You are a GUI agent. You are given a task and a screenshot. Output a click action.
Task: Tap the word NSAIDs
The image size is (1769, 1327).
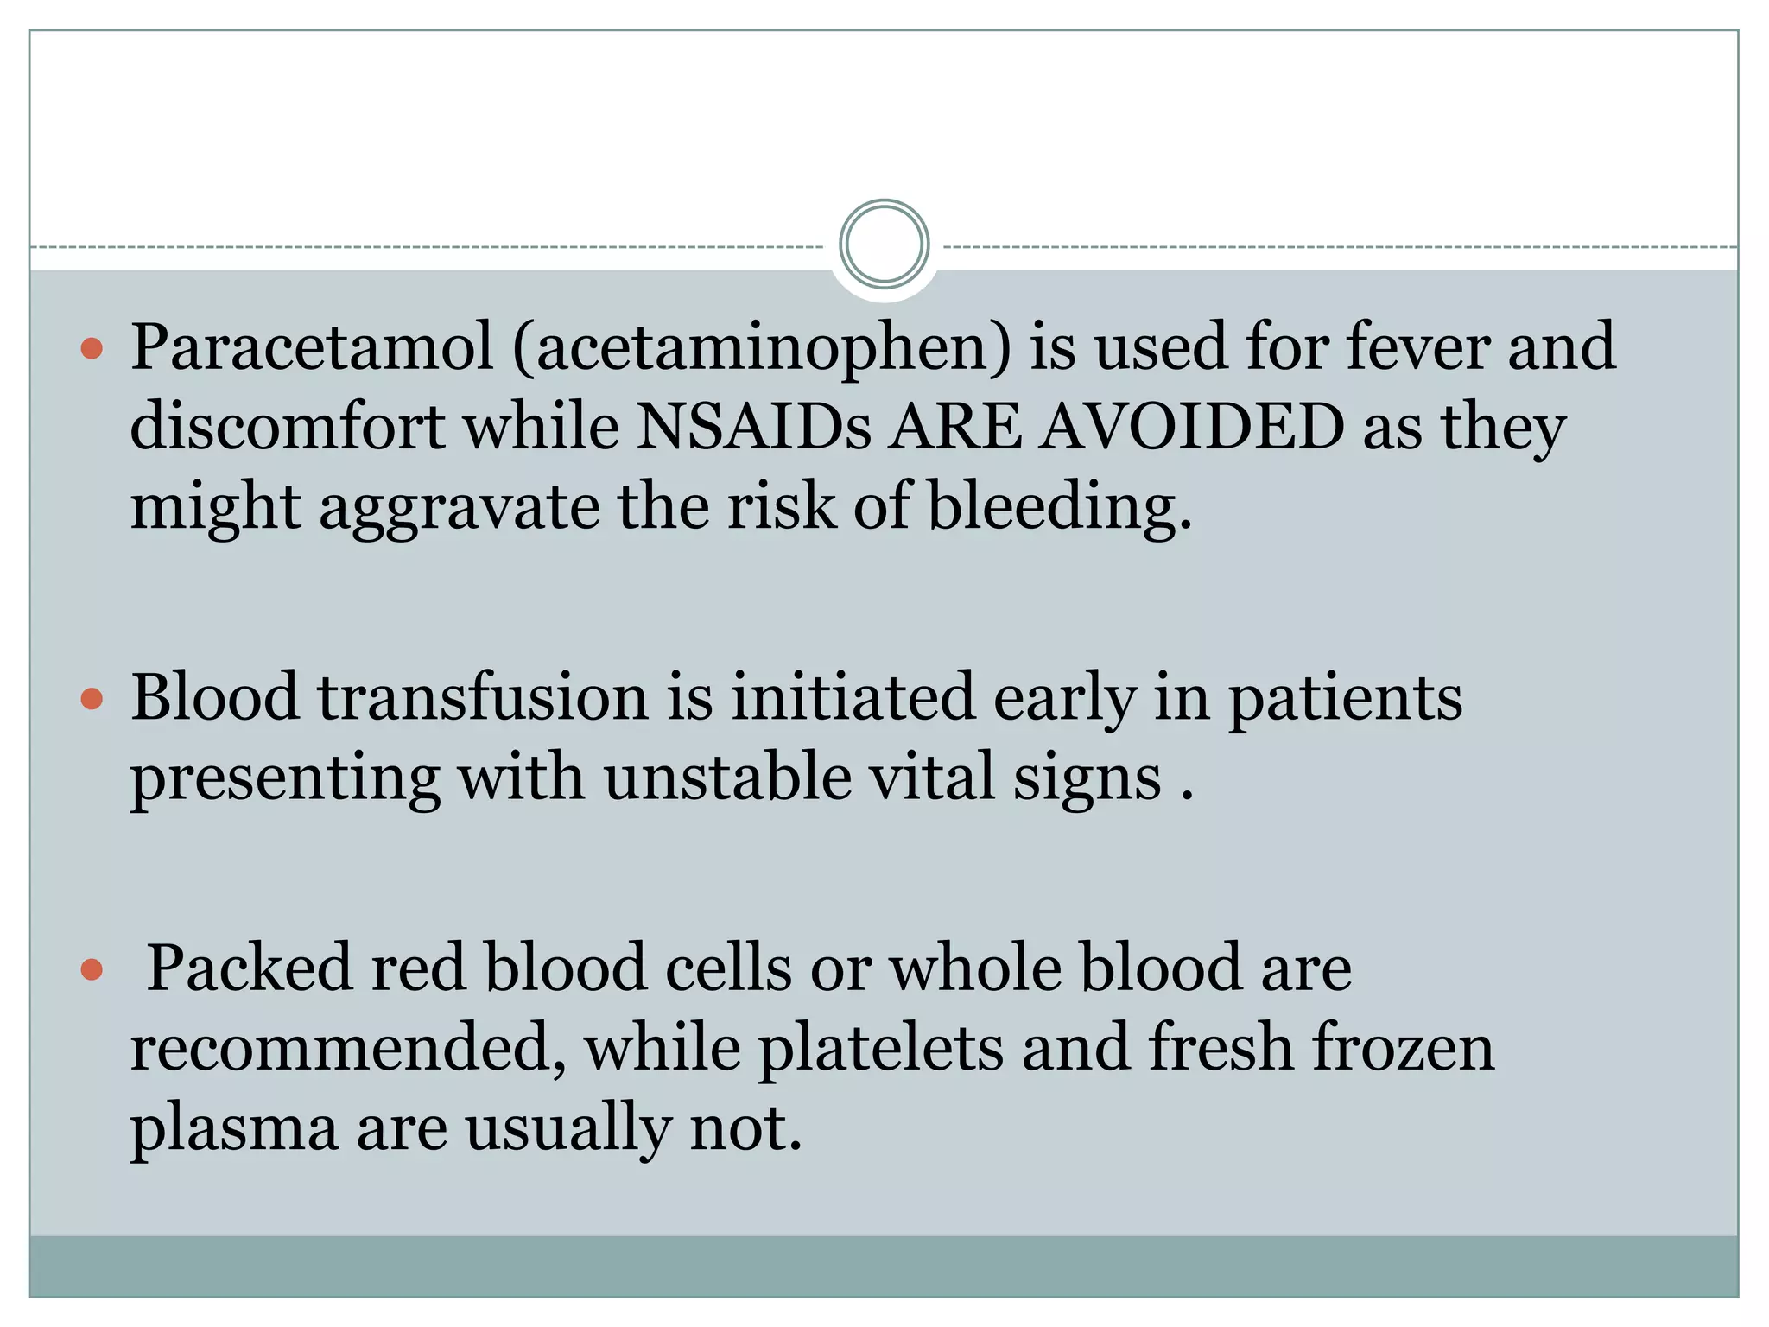click(754, 427)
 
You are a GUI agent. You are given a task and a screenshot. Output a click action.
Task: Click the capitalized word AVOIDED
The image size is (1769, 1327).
click(1191, 427)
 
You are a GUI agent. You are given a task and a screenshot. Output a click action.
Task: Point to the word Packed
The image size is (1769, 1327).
click(250, 968)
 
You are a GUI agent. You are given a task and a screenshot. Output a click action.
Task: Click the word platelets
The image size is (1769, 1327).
click(881, 1048)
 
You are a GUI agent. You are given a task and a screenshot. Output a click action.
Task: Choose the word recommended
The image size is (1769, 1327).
click(347, 1048)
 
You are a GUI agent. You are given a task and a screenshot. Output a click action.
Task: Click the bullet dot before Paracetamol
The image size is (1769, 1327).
click(92, 349)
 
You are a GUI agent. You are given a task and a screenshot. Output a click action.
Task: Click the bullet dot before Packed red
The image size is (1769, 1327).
click(92, 969)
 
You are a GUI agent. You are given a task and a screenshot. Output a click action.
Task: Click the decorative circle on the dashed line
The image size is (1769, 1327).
click(884, 244)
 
